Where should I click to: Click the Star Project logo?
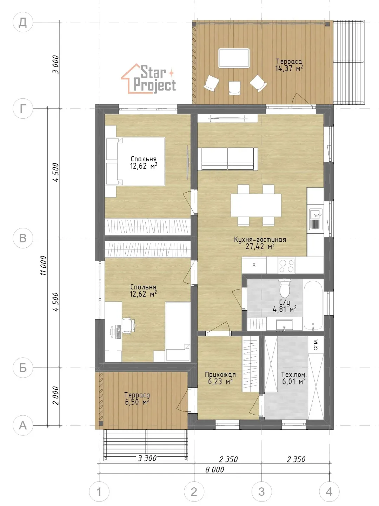[148, 79]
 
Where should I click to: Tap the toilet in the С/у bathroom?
[285, 288]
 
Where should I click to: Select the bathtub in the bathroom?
[313, 305]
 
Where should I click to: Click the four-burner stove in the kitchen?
[286, 266]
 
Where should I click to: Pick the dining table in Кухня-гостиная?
[256, 205]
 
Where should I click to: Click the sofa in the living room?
[228, 159]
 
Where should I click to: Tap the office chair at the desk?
[128, 325]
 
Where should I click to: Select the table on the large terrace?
[234, 58]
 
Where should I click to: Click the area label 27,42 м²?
[260, 246]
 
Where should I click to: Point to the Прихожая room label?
[220, 374]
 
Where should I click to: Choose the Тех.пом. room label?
[294, 374]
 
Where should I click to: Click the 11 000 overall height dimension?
[44, 266]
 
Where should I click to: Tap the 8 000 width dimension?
[214, 469]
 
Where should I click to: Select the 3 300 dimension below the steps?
[147, 458]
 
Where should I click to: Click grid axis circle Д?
[23, 22]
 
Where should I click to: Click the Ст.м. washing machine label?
[316, 344]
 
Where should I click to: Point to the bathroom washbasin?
[284, 325]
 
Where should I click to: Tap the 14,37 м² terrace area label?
[289, 68]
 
